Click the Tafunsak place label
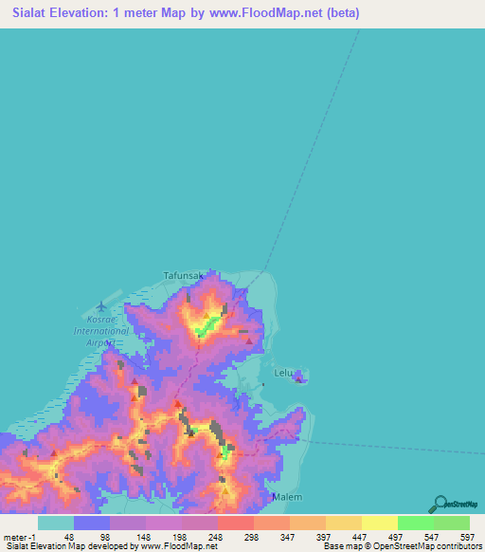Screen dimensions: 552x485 tap(184, 275)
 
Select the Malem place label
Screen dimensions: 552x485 tap(286, 497)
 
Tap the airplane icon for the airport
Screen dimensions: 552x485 tap(101, 306)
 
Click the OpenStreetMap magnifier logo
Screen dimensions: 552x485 tap(438, 506)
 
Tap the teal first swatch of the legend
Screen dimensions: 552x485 tap(56, 523)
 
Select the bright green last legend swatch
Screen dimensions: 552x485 tap(452, 523)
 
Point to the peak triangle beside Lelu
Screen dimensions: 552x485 tap(299, 379)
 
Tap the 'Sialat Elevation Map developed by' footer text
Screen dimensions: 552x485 tap(66, 546)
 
